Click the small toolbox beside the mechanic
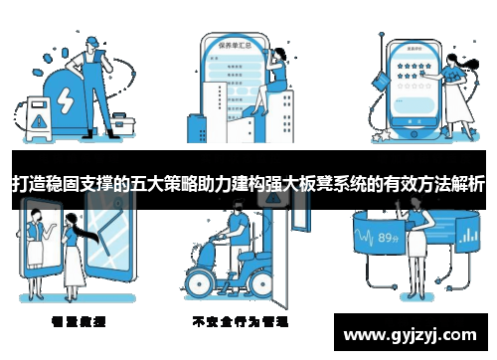[124, 123]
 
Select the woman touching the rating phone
[455, 94]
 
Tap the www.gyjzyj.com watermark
[413, 333]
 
